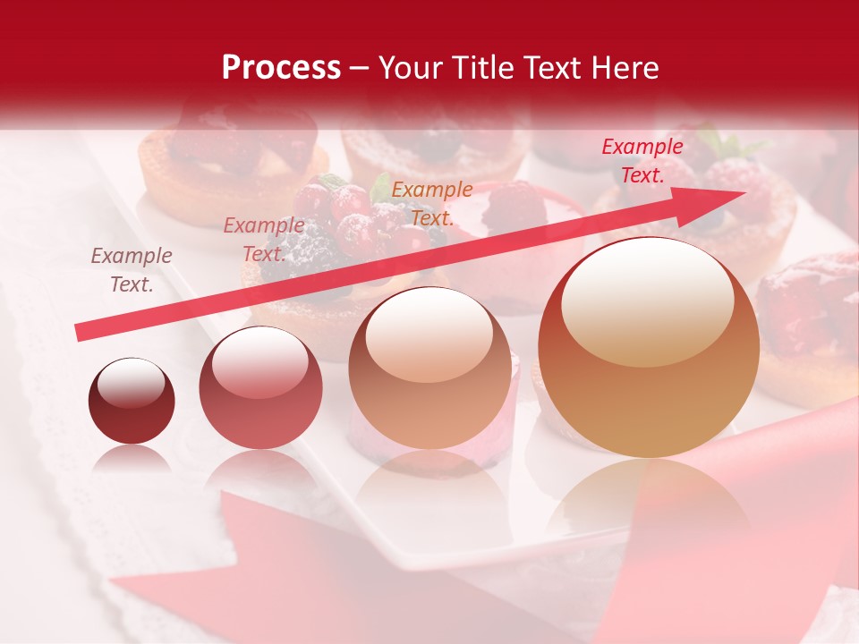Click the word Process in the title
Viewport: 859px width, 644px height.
(x=281, y=68)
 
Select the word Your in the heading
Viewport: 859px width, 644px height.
(x=411, y=68)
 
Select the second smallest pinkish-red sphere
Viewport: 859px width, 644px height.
(x=260, y=387)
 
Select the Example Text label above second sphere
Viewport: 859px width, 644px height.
(x=263, y=240)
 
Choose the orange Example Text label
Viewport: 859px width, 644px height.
(x=432, y=203)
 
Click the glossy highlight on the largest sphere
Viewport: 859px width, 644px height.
(x=648, y=301)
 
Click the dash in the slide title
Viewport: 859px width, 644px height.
(x=360, y=68)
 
